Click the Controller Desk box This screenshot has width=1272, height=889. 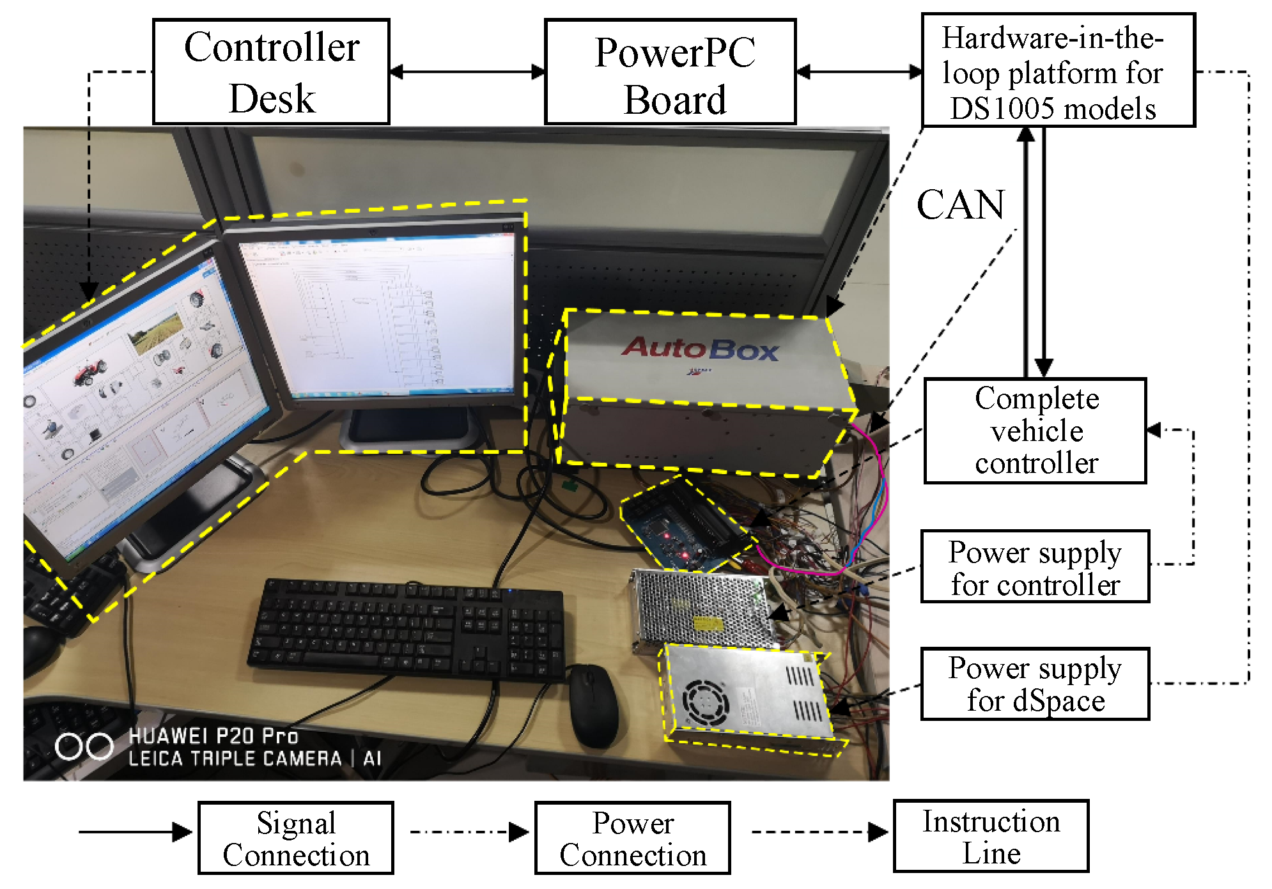[271, 72]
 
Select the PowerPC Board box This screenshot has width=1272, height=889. [670, 72]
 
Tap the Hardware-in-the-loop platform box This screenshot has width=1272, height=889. [1058, 70]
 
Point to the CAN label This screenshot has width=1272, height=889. [961, 205]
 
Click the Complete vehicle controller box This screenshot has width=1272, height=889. [1035, 431]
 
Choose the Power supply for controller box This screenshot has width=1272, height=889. [1035, 567]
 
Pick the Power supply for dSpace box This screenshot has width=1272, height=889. [1035, 684]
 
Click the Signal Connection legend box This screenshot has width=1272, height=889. [296, 838]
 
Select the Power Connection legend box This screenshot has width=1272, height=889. [632, 838]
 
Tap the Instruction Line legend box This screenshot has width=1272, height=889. [991, 836]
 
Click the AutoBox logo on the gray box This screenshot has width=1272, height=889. [700, 349]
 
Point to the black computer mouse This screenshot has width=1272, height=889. [593, 705]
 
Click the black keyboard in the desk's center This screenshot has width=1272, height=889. [406, 630]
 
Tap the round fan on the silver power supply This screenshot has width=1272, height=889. [706, 701]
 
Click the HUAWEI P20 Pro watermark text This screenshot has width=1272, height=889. [213, 736]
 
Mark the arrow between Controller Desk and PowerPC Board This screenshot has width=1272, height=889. [467, 72]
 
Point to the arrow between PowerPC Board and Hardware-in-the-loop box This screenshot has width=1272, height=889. [858, 72]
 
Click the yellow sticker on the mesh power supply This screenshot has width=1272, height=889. [708, 622]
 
